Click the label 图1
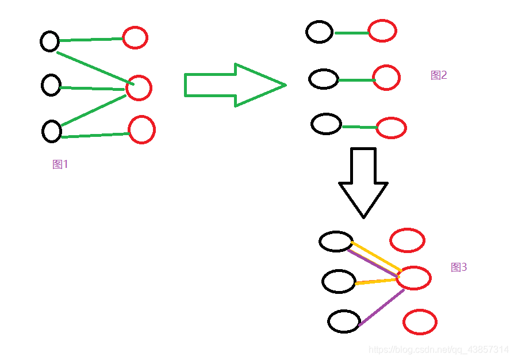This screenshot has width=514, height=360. tap(60, 164)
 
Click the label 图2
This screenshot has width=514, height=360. tap(439, 75)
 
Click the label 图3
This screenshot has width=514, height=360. tap(459, 267)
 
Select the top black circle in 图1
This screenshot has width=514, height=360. tap(50, 41)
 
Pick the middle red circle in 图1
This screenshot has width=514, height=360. tap(139, 88)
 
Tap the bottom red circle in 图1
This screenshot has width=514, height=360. tap(141, 129)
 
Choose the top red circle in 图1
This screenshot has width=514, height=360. tap(135, 38)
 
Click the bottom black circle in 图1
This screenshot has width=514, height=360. tap(52, 131)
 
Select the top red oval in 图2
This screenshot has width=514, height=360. tap(382, 31)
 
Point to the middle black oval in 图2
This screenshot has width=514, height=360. tap(324, 79)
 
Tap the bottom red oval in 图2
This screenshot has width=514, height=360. tap(392, 128)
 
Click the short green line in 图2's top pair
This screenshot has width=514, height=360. tap(351, 33)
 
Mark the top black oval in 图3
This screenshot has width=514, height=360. tap(336, 242)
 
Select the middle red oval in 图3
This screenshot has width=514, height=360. tap(413, 278)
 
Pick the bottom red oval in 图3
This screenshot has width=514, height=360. tap(420, 322)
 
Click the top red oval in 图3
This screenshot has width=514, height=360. tap(407, 240)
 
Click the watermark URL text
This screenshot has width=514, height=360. tap(439, 350)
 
